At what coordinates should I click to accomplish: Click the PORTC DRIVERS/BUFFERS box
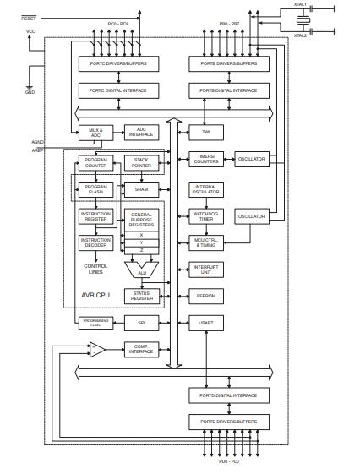[117, 63]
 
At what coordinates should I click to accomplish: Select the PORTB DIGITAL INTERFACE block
[228, 90]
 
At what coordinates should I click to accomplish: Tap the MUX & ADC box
[95, 132]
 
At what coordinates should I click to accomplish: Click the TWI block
[206, 133]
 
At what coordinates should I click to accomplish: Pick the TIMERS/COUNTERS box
[206, 160]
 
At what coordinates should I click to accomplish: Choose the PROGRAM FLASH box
[95, 188]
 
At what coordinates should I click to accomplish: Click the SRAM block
[142, 188]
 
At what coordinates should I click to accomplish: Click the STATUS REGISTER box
[142, 295]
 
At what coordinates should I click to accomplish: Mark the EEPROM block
[206, 296]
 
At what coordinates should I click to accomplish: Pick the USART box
[206, 323]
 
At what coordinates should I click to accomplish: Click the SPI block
[142, 322]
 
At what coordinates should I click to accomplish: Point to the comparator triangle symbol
[97, 349]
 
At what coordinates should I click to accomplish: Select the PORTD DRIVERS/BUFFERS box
[228, 422]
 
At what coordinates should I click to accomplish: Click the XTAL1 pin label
[300, 6]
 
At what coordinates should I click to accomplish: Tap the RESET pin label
[29, 16]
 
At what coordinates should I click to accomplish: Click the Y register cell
[142, 242]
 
